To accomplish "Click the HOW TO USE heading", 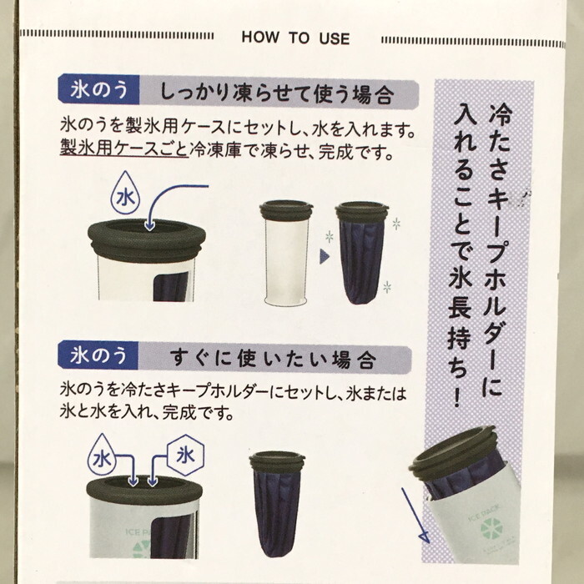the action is [x=295, y=38].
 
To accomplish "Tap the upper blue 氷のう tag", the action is [x=98, y=89].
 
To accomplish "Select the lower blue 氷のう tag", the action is [x=98, y=355].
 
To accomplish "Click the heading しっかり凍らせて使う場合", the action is [x=277, y=93].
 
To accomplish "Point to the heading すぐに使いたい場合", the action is [x=273, y=359].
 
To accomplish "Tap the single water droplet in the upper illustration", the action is [x=125, y=193].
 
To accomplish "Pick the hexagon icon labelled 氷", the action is [x=185, y=456].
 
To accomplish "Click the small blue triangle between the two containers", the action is [x=324, y=256].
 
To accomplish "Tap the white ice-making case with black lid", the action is [x=286, y=253].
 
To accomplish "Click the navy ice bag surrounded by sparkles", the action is [x=361, y=253].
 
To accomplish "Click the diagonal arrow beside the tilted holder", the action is [x=415, y=515].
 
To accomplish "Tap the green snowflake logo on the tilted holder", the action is [x=492, y=528].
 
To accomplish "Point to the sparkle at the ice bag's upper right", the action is [x=396, y=224].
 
